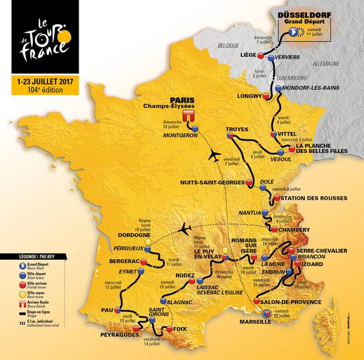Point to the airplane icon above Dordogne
click(188, 227)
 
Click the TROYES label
click(237, 129)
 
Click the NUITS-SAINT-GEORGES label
click(212, 183)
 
